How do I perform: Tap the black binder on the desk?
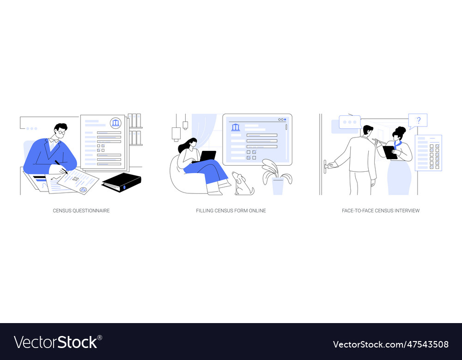coord(121,182)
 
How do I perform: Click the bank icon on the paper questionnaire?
coord(115,123)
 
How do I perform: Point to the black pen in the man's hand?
coord(61,167)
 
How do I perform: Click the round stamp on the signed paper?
coord(83,190)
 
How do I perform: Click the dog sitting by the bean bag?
coord(243,184)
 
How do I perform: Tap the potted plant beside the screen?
coord(277,178)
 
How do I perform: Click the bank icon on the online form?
coord(236,127)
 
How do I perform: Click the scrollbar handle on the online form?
coord(286,127)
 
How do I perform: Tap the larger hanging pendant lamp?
coord(176,134)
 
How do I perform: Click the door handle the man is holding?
coord(326,166)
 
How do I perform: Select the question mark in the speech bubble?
coord(419,120)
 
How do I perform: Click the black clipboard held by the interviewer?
coord(390,152)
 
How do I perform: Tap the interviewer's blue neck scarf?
coord(397,144)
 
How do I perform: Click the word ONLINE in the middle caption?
coord(257,211)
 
